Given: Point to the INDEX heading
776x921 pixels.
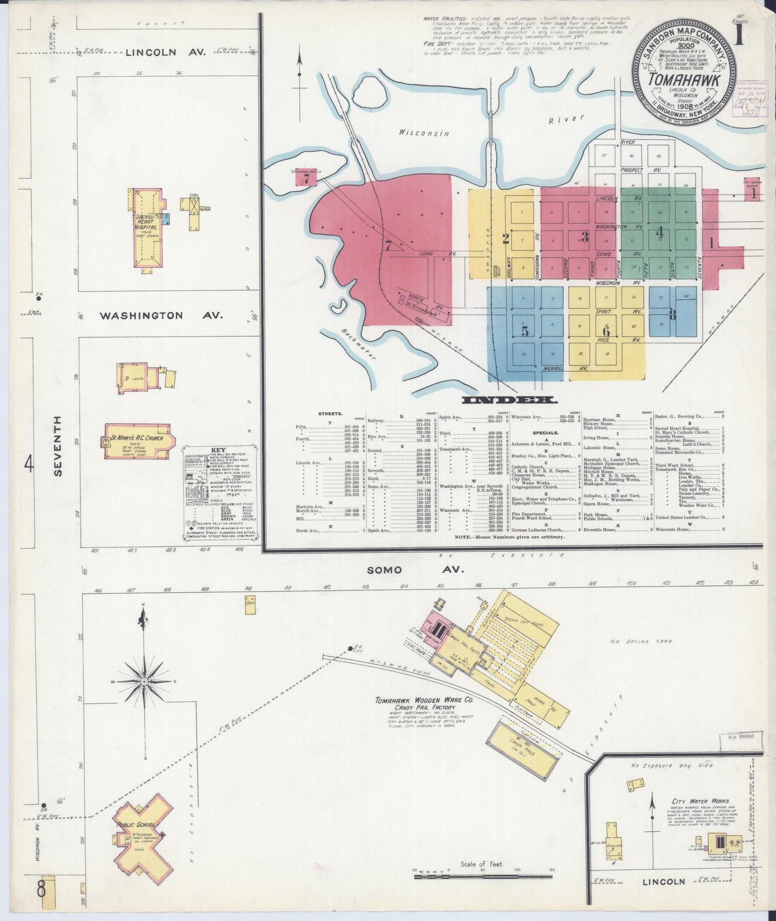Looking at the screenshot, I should tap(508, 400).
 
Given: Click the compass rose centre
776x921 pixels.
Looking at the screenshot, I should tap(144, 681).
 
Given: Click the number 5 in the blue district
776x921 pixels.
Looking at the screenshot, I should tap(525, 332).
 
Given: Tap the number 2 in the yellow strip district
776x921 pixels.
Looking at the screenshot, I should tap(505, 239).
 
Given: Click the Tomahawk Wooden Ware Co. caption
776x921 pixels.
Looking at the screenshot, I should tap(424, 701).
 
